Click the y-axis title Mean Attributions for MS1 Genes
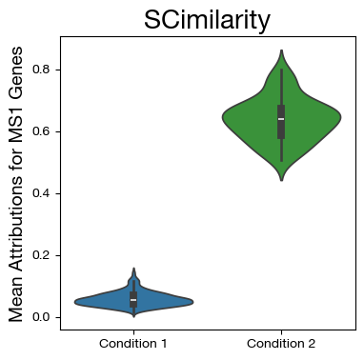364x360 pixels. click(15, 181)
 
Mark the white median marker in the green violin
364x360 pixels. click(281, 119)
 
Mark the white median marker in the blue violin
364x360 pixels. click(133, 300)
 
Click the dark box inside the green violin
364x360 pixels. click(281, 129)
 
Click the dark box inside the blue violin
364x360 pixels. click(133, 296)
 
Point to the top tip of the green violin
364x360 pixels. click(281, 50)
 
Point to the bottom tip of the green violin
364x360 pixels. click(281, 180)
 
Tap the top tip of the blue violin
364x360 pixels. click(133, 269)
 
